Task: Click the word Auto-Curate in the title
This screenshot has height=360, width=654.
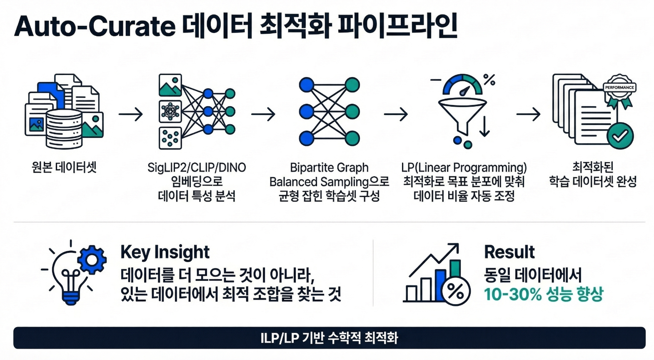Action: point(95,27)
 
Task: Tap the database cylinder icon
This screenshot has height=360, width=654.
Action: point(64,129)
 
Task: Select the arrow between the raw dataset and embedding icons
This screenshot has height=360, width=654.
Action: point(130,114)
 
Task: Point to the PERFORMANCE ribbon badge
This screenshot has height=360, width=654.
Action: point(619,91)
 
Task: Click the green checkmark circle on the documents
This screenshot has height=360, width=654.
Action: point(620,136)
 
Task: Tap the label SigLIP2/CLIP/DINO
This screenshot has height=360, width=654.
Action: point(197,167)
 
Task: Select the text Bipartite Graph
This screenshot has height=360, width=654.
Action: point(329,167)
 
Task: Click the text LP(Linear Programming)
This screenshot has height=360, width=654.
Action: point(464,167)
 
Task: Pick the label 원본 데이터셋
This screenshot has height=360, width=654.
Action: point(64,167)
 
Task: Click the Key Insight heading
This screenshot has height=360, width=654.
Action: point(165,252)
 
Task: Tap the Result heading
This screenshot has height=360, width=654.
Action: point(509,252)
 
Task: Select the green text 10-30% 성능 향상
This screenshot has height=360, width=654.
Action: point(544,294)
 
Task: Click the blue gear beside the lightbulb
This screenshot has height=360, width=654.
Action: point(92,260)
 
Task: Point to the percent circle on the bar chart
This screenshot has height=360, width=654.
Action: point(455,291)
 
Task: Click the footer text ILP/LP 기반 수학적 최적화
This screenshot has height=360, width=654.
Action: point(329,338)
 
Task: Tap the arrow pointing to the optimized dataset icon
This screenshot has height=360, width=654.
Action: point(528,114)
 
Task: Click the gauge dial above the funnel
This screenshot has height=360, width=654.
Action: point(463,85)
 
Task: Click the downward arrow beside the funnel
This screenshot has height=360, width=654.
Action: point(484,126)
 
